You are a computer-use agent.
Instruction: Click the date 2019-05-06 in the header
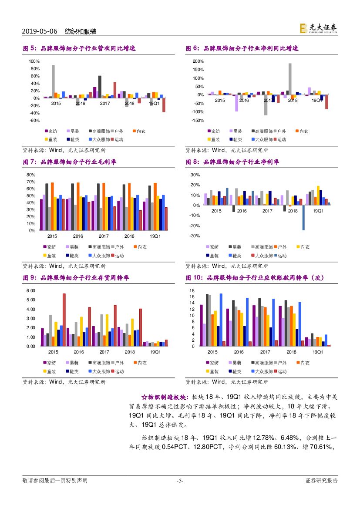tap(39, 31)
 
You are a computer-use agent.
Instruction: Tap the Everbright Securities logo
tap(318, 28)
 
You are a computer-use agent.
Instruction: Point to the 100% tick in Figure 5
tap(34, 61)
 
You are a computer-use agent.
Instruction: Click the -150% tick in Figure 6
tap(199, 120)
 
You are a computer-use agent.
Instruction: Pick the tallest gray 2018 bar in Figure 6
tap(290, 79)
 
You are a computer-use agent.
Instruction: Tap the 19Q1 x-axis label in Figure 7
tap(155, 236)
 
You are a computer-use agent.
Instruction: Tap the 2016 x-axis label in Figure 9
tap(79, 352)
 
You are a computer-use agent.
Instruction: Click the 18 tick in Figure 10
tap(192, 290)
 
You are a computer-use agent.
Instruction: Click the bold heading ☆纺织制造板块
tap(165, 397)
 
